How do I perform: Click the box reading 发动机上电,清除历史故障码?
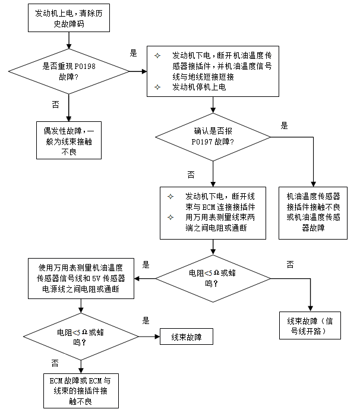(x=69, y=18)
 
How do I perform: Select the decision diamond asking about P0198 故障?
(x=69, y=71)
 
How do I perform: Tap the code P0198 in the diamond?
(x=85, y=66)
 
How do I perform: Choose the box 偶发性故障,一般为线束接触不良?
(x=69, y=140)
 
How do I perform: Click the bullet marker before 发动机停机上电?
(x=157, y=87)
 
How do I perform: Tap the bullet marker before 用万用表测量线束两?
(x=170, y=218)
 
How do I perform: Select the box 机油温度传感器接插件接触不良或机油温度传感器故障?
(x=313, y=213)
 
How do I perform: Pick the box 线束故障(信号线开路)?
(x=310, y=326)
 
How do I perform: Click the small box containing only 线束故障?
(x=187, y=336)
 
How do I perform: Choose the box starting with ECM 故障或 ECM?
(x=81, y=391)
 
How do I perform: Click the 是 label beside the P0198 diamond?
(x=134, y=54)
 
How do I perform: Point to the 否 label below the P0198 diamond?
(x=56, y=105)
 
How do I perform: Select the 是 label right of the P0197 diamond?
(x=284, y=125)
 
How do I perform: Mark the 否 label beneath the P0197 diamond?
(x=191, y=175)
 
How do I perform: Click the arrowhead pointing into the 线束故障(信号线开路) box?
(x=310, y=309)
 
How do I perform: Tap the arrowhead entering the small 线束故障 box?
(x=157, y=336)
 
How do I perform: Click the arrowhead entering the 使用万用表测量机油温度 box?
(x=137, y=278)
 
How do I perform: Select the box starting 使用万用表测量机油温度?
(x=81, y=278)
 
